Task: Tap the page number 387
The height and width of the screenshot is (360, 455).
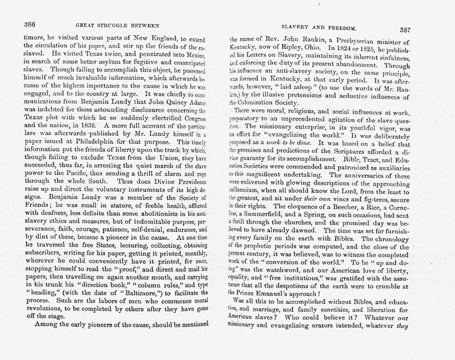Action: click(x=404, y=30)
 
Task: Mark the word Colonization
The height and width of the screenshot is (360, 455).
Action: click(x=261, y=103)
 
